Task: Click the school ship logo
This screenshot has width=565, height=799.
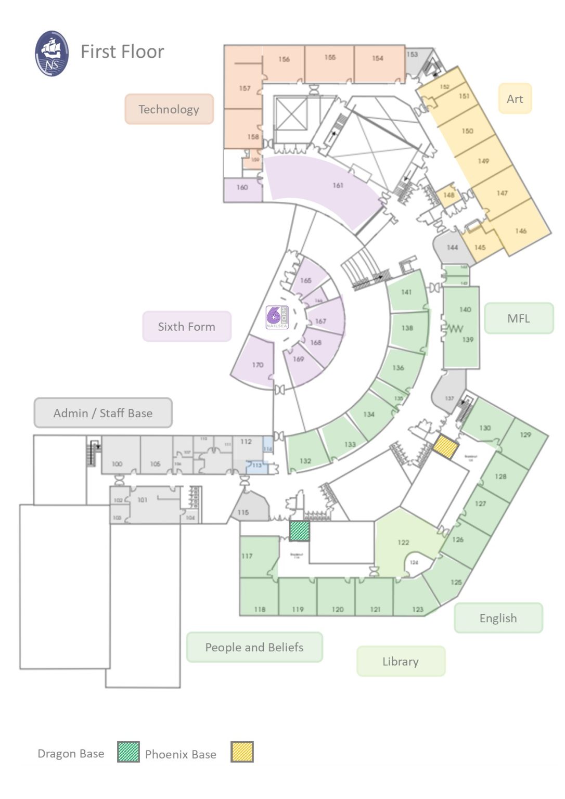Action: [x=52, y=54]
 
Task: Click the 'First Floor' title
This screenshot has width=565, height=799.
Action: [x=122, y=51]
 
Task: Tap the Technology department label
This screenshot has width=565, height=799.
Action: [x=169, y=109]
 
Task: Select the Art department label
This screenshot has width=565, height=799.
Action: [x=515, y=98]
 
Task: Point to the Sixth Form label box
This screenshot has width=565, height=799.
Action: [x=186, y=327]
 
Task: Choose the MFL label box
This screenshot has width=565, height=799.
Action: [x=519, y=318]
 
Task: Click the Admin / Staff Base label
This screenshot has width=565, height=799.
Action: [x=103, y=413]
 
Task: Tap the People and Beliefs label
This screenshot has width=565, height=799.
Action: [x=254, y=647]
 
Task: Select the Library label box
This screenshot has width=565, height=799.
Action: [x=401, y=661]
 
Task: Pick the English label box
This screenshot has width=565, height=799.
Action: [x=498, y=618]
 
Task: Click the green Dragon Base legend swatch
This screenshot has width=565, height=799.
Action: [x=129, y=752]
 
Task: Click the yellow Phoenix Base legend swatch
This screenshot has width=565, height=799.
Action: [x=242, y=752]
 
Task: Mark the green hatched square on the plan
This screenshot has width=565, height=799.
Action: [x=299, y=531]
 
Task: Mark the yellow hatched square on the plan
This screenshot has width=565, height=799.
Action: [x=446, y=446]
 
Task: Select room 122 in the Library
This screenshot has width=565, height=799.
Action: [x=403, y=542]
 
